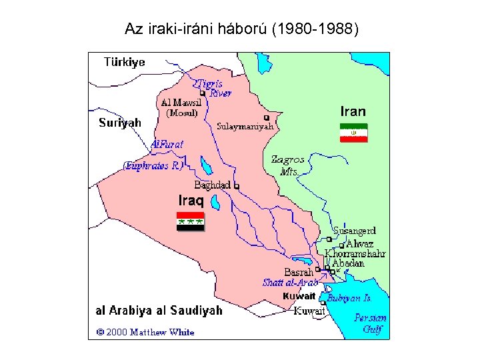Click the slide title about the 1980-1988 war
click(241, 29)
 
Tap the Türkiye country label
click(124, 62)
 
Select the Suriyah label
click(120, 122)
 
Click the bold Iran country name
click(353, 111)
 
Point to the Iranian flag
click(353, 133)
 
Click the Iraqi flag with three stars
click(190, 221)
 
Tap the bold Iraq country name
click(191, 199)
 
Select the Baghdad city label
click(212, 185)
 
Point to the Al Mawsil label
click(180, 103)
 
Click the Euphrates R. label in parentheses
click(153, 166)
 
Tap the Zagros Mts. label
click(288, 165)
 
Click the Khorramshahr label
click(355, 253)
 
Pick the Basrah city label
click(298, 272)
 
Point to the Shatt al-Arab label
click(290, 283)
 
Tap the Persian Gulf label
click(370, 323)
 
